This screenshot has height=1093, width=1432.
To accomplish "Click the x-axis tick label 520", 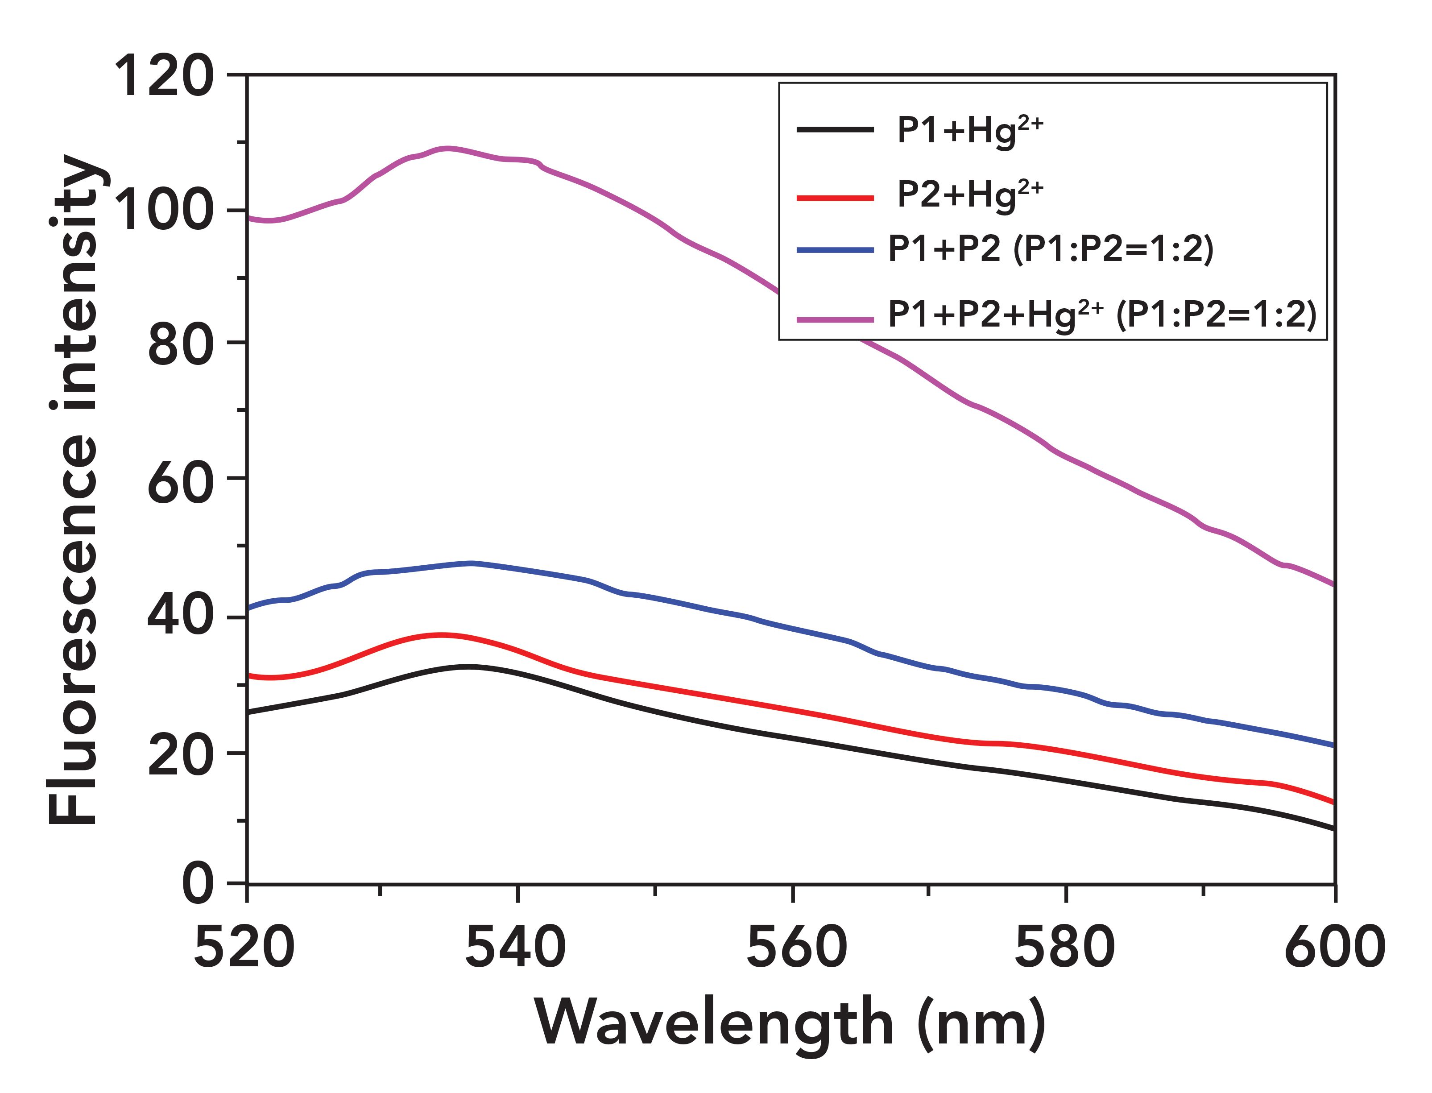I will pyautogui.click(x=245, y=948).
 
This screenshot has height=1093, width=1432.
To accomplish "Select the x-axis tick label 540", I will pyautogui.click(x=516, y=948).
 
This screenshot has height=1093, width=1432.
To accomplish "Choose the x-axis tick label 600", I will pyautogui.click(x=1334, y=948).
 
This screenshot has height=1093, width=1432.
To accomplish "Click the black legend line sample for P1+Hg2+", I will pyautogui.click(x=835, y=130).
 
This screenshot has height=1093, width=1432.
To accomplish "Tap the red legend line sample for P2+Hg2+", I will pyautogui.click(x=835, y=197).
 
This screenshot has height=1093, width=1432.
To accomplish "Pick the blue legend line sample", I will pyautogui.click(x=835, y=250).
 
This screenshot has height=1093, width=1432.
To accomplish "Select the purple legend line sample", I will pyautogui.click(x=835, y=319).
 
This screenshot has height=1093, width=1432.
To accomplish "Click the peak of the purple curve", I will pyautogui.click(x=447, y=148).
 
